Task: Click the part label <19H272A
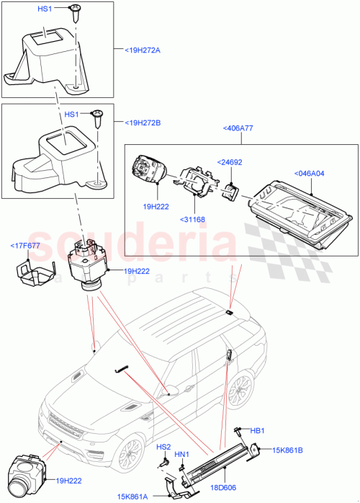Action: [x=143, y=50]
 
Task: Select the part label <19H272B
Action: [x=143, y=123]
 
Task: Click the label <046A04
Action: [x=310, y=173]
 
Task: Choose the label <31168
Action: [x=193, y=220]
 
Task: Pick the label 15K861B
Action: [x=288, y=450]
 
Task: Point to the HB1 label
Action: [x=256, y=430]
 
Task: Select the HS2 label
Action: [x=163, y=447]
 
